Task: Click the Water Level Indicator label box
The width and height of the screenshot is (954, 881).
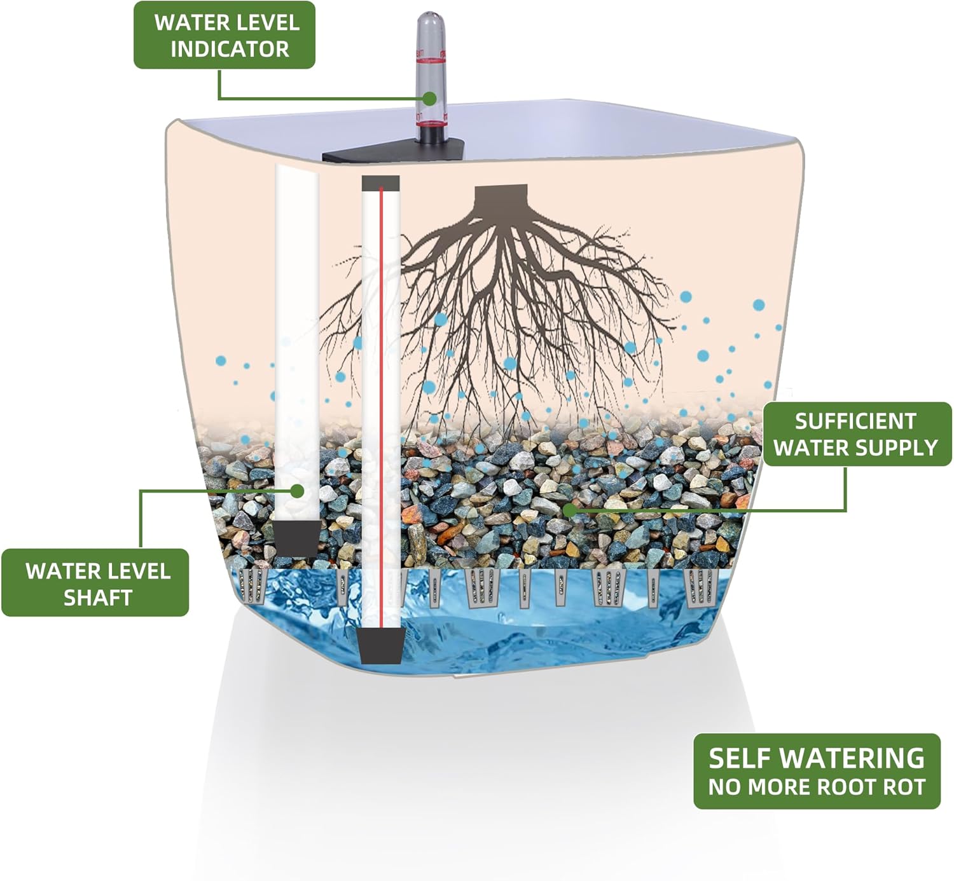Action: (x=224, y=35)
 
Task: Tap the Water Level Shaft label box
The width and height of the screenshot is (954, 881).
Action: (x=95, y=583)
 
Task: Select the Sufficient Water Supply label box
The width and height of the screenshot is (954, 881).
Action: (x=856, y=434)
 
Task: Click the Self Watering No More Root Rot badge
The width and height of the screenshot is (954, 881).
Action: (x=816, y=771)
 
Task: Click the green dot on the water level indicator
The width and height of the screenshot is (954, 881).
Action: (x=431, y=99)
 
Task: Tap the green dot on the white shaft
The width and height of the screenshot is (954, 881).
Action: (x=297, y=491)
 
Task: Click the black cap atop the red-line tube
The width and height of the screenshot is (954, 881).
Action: (x=380, y=183)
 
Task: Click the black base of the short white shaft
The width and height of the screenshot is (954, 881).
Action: (x=296, y=538)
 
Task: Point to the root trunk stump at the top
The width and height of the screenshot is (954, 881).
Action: (x=502, y=195)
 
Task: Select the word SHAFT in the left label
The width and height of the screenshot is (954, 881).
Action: (x=98, y=598)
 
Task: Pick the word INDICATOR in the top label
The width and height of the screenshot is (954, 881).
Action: (x=230, y=49)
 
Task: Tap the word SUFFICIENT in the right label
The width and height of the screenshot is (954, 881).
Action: (x=855, y=421)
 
